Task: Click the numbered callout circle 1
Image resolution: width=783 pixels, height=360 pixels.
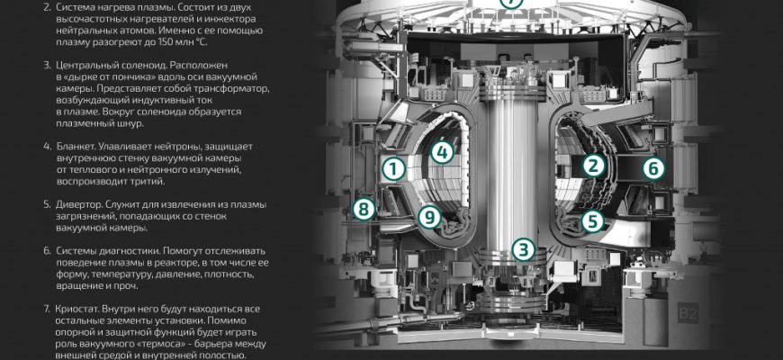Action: point(393,169)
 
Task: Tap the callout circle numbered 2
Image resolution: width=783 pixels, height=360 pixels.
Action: point(593,166)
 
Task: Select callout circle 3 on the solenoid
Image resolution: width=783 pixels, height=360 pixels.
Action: point(523,249)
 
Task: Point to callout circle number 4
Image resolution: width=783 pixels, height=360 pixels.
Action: point(442,152)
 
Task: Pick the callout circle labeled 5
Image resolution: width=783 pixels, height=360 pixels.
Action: point(592,221)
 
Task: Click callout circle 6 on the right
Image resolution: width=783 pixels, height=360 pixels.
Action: point(653,169)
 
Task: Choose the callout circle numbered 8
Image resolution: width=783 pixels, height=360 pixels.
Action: point(364,209)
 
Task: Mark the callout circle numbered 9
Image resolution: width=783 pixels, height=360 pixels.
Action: point(429,217)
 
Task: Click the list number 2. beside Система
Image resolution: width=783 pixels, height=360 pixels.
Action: point(47,7)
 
